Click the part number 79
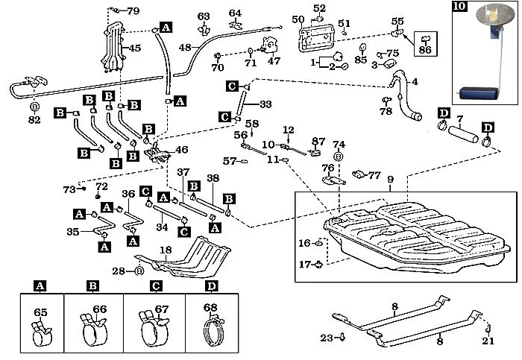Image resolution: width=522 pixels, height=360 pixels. point(133,11)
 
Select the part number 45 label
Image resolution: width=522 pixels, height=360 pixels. point(135,49)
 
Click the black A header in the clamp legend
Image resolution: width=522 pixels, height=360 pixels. point(41,286)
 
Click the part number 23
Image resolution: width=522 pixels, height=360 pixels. point(325,338)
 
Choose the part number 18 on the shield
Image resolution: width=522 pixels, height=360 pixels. point(166,251)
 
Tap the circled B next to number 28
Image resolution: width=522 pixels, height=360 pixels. point(139,271)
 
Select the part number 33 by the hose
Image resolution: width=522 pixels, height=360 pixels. point(265,104)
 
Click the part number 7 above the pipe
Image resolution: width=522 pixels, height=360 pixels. point(460,119)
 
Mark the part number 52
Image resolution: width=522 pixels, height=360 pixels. point(319,7)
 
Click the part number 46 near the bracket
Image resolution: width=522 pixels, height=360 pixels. point(182,150)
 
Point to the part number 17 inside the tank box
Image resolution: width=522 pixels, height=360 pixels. point(304,264)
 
